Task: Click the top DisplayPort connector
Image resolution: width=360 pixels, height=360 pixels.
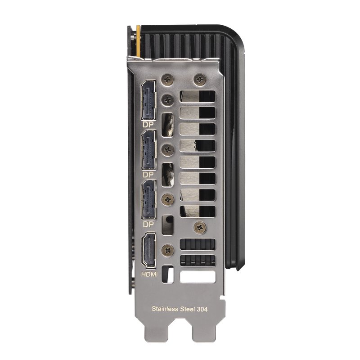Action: pos(149,100)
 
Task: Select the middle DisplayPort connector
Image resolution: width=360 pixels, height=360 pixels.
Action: pos(149,150)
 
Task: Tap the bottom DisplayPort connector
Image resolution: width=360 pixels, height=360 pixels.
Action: pos(149,199)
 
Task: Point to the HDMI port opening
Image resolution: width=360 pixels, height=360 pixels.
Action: pos(149,250)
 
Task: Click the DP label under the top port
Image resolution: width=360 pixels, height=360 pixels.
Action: pos(148,125)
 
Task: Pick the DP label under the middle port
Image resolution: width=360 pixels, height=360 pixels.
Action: pos(148,175)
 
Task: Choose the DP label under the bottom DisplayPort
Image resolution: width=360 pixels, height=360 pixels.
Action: pos(148,224)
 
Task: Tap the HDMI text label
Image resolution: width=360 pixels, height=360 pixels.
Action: pos(149,274)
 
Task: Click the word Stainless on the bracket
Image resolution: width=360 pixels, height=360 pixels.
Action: pos(165,309)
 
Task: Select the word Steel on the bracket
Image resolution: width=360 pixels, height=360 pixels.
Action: pos(187,309)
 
